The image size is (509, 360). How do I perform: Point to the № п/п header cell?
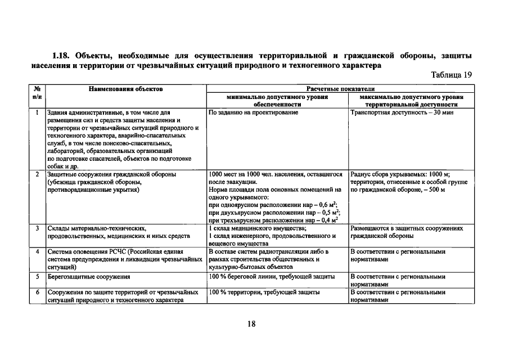coord(37,93)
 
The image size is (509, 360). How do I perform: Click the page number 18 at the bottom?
coord(251,323)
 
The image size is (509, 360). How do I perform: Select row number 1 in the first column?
coord(37,112)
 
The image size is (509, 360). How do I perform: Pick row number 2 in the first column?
coord(37,174)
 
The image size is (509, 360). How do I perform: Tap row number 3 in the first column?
coord(37,228)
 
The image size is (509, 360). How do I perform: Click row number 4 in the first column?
coord(37,251)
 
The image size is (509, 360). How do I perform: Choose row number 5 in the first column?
coord(37,277)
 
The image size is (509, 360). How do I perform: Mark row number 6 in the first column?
coord(37,292)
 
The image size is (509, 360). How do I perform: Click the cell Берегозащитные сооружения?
coord(89,277)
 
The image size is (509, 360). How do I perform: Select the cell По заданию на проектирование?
coord(253,112)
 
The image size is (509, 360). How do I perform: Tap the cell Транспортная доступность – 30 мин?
coord(402,112)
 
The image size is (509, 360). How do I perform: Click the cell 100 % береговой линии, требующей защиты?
coord(272,277)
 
